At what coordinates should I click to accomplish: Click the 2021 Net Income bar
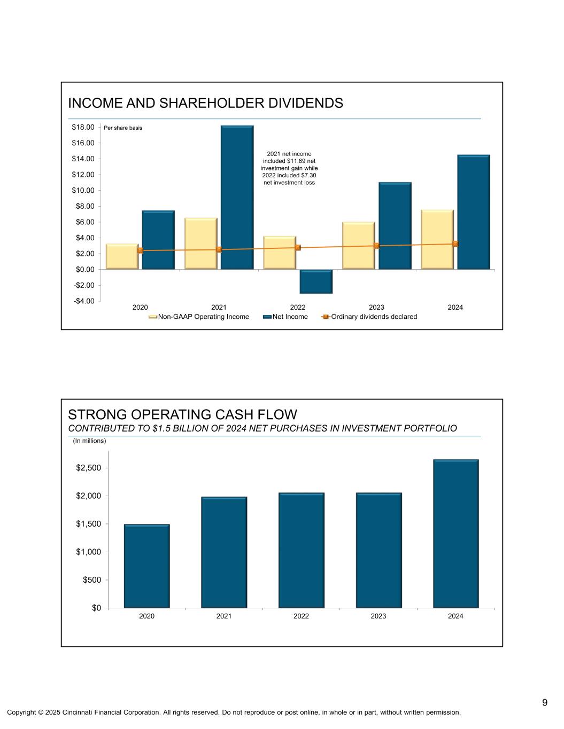[x=237, y=198]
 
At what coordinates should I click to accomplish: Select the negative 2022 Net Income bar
[x=316, y=281]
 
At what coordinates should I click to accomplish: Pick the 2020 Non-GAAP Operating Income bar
[x=122, y=256]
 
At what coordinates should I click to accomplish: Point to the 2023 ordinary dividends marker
[x=376, y=246]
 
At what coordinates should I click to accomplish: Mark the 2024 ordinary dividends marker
[x=455, y=244]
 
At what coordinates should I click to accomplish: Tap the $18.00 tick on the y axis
[x=83, y=127]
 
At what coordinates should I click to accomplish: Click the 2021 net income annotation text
[x=289, y=168]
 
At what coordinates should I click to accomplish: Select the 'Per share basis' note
[x=123, y=128]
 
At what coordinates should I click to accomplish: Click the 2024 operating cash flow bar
[x=455, y=534]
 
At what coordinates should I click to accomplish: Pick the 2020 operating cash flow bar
[x=146, y=566]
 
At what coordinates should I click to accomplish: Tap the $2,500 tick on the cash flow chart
[x=89, y=468]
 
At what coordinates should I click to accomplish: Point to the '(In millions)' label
[x=89, y=441]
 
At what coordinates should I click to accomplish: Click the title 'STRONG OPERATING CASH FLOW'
[x=182, y=414]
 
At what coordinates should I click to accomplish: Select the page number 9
[x=544, y=702]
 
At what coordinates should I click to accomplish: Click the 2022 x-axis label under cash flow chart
[x=301, y=616]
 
